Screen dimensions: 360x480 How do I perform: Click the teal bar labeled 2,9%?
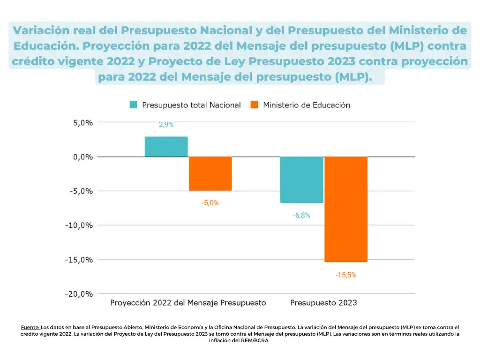pos(166,147)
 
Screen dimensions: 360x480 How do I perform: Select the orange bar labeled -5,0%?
pos(210,173)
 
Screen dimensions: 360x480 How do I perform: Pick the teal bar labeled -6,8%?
pos(301,180)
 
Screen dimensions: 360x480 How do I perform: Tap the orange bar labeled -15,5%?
pos(346,209)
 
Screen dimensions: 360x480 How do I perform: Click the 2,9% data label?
pos(166,125)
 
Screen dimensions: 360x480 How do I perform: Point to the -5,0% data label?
pos(210,203)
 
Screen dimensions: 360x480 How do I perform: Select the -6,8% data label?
pos(301,216)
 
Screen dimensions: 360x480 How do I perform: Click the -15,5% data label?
pos(346,275)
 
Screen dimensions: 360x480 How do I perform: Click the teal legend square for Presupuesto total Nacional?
pos(134,105)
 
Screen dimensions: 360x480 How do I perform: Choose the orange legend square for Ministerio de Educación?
pos(255,105)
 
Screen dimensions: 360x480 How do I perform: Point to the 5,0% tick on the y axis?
pos(82,122)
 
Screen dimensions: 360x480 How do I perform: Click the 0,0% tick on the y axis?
pos(82,157)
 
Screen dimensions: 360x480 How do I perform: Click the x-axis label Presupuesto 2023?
pos(323,303)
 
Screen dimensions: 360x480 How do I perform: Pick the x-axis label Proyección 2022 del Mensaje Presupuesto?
pos(188,303)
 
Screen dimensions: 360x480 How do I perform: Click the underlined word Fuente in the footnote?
pos(30,327)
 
